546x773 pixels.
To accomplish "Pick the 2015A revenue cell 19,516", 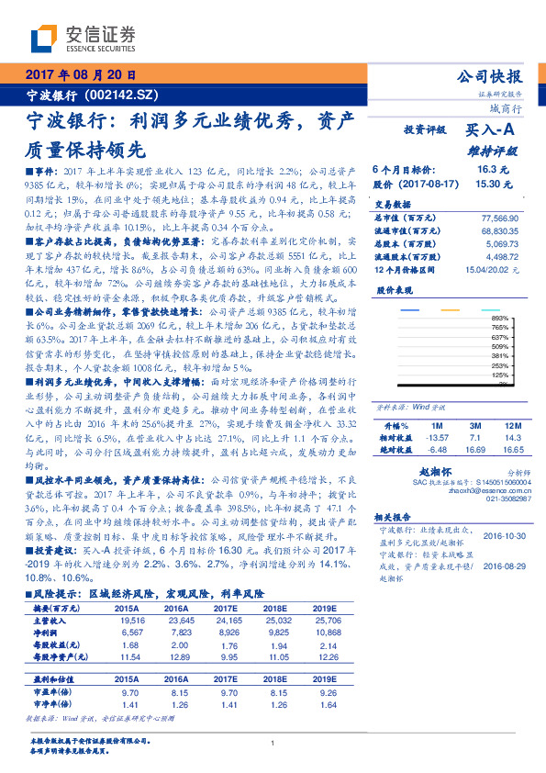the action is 132,622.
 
